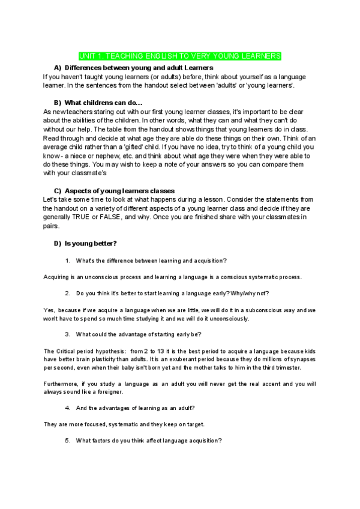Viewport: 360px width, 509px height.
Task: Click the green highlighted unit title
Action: click(180, 56)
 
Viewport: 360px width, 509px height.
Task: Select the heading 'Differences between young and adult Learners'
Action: click(139, 67)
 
